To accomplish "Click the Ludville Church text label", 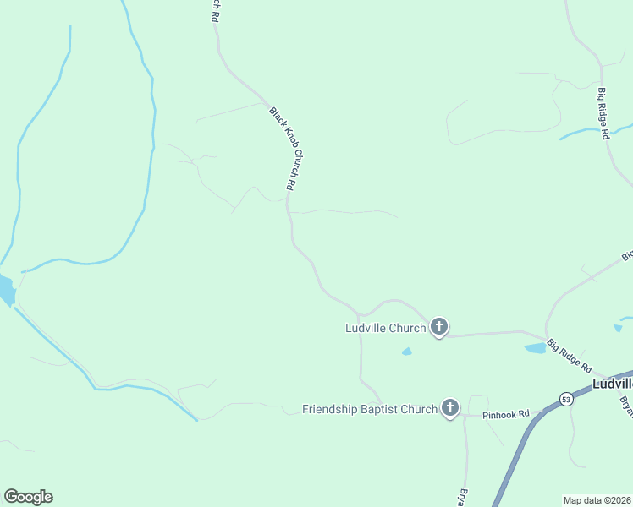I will point(385,328).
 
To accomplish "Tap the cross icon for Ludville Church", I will point(438,326).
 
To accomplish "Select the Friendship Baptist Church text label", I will point(370,410).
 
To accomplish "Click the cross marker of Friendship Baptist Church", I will point(449,408).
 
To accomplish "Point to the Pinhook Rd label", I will point(505,415).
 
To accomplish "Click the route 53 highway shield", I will point(564,398).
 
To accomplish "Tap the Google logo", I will point(28,497).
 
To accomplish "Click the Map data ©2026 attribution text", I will point(597,499).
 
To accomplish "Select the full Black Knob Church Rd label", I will point(283,148).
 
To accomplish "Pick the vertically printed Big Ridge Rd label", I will point(603,113).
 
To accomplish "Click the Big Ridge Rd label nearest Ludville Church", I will point(570,356).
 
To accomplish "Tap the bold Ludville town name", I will point(612,383).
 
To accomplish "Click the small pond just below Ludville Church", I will point(407,352).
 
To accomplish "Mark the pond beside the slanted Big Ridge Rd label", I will point(536,347).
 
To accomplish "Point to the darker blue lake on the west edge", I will point(6,290).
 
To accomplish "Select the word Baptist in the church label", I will point(386,410).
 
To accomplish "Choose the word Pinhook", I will point(499,415).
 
